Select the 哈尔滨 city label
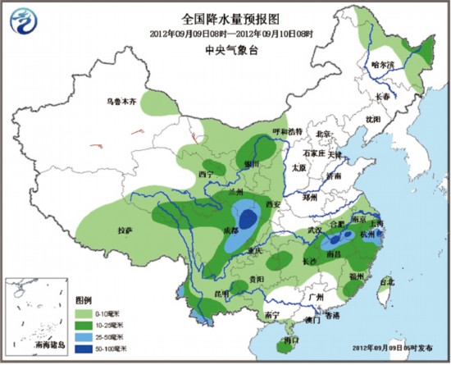382,64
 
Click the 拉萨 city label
125,230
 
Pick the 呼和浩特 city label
288,131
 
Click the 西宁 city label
205,175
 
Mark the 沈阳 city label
374,119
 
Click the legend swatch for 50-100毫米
88,349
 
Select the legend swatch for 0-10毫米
88,313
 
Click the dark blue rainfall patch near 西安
247,218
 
